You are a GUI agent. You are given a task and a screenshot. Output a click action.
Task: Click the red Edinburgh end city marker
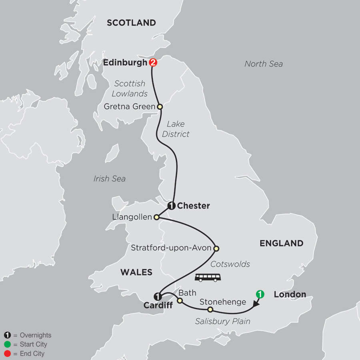pyautogui.click(x=152, y=63)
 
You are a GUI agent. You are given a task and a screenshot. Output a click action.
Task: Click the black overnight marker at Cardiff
pyautogui.click(x=158, y=296)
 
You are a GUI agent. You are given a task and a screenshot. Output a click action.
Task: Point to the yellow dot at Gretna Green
pyautogui.click(x=160, y=107)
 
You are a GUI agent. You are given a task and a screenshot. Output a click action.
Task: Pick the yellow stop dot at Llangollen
pyautogui.click(x=157, y=218)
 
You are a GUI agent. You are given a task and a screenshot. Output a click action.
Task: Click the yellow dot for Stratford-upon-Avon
pyautogui.click(x=216, y=248)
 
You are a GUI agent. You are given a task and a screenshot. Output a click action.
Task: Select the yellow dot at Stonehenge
pyautogui.click(x=210, y=310)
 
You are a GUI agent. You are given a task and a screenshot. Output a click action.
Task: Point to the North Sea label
pyautogui.click(x=264, y=64)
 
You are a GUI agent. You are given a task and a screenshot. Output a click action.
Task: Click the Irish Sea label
pyautogui.click(x=110, y=179)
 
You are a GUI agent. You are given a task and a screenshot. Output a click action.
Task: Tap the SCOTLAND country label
pyautogui.click(x=131, y=23)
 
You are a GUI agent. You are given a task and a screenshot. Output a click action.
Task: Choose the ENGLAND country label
pyautogui.click(x=281, y=243)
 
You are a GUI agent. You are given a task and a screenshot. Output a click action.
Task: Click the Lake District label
pyautogui.click(x=176, y=129)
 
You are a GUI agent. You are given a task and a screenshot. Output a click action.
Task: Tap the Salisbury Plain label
pyautogui.click(x=222, y=321)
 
